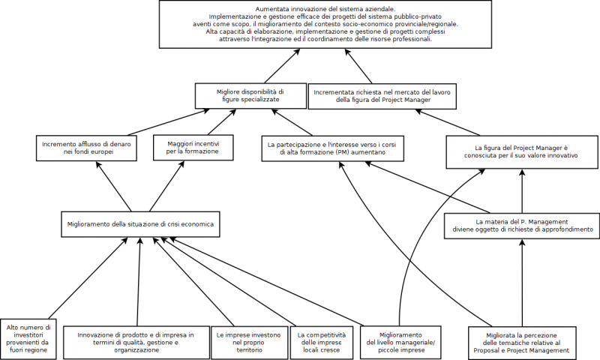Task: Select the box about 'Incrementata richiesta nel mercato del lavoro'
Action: (x=382, y=95)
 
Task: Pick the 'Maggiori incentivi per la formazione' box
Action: (x=193, y=147)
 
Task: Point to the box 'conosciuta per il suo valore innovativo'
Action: (x=521, y=151)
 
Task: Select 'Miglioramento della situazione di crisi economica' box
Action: (x=140, y=224)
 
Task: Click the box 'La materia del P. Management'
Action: (x=521, y=225)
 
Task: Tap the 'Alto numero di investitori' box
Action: (x=28, y=338)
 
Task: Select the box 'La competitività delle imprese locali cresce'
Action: (x=321, y=342)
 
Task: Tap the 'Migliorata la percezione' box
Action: (x=521, y=343)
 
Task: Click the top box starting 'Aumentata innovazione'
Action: (x=315, y=24)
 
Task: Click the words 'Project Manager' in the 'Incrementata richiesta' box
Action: (x=406, y=100)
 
